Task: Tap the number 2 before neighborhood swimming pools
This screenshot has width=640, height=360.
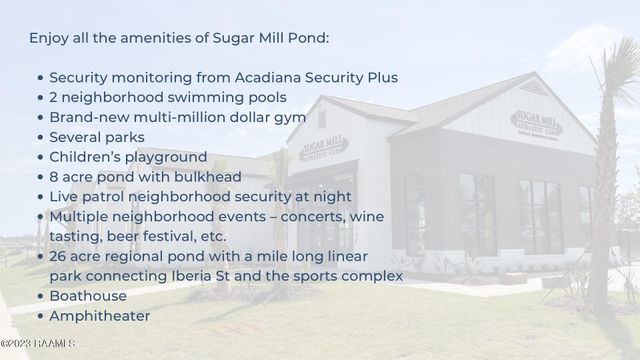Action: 54,97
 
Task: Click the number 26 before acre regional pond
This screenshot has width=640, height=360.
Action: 59,256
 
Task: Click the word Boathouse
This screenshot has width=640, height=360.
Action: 88,295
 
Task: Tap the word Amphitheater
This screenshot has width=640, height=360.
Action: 100,315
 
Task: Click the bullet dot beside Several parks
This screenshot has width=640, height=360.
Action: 39,138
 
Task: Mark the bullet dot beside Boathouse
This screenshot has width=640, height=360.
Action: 39,296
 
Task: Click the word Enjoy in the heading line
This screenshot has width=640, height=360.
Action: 51,38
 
